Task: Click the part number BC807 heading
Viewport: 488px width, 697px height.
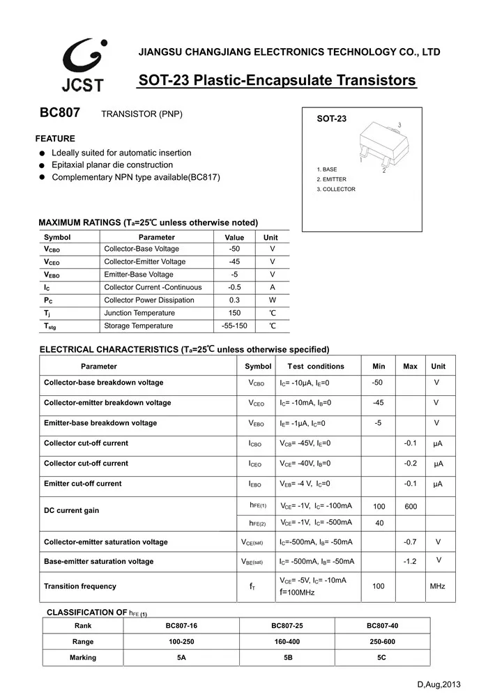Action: tap(60, 113)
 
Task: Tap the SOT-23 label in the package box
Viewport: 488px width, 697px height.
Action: tap(331, 119)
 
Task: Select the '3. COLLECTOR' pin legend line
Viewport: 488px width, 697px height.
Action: tap(336, 190)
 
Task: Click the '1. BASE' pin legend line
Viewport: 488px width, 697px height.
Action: tap(327, 169)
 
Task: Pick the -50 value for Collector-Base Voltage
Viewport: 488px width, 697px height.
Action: tap(234, 249)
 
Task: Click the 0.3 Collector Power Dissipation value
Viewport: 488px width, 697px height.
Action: tap(234, 300)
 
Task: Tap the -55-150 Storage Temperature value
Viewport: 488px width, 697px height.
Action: tap(234, 326)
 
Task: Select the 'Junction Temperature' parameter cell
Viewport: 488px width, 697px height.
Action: tap(139, 313)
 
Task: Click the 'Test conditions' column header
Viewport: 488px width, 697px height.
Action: tap(315, 366)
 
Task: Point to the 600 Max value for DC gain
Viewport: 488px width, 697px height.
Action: tap(411, 507)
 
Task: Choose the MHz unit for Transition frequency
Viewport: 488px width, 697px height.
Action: tap(437, 587)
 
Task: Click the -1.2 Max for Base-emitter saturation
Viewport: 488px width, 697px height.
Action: tap(410, 562)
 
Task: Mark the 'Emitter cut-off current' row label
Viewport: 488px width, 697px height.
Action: tap(82, 484)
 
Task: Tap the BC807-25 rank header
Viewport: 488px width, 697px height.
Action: tap(287, 626)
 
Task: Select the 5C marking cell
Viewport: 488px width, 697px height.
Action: tap(382, 658)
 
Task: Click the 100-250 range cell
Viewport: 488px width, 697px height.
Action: tap(181, 642)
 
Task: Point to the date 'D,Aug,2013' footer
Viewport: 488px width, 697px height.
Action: tap(439, 685)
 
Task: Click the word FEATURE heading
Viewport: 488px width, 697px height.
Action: tap(55, 139)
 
